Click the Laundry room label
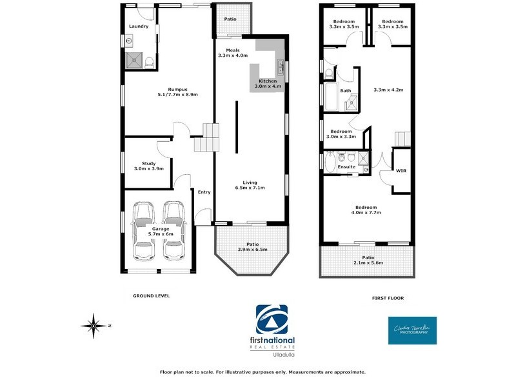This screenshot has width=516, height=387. click(x=139, y=26)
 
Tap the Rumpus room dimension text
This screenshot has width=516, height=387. click(x=169, y=95)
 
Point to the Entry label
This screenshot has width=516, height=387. click(x=204, y=192)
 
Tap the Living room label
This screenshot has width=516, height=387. click(x=250, y=182)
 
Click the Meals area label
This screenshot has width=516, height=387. click(x=233, y=50)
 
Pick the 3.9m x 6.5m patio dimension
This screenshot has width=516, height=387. click(x=253, y=249)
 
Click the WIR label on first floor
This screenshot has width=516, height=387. click(x=400, y=171)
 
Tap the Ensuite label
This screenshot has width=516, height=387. click(x=346, y=167)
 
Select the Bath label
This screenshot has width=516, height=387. click(x=346, y=91)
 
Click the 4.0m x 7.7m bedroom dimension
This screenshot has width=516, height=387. click(x=364, y=212)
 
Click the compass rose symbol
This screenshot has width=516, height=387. click(x=95, y=326)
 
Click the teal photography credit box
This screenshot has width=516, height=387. click(x=412, y=330)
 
